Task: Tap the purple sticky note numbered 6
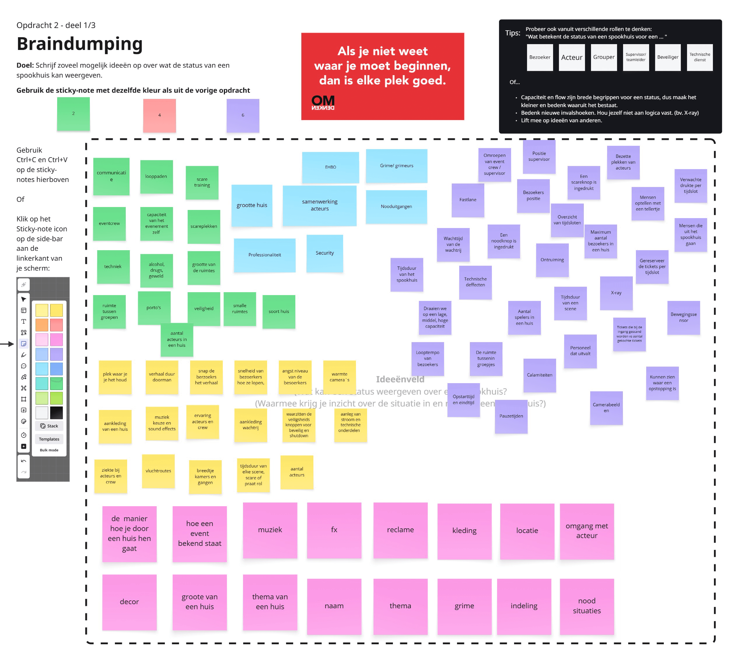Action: [x=243, y=115]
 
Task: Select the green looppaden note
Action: [x=156, y=177]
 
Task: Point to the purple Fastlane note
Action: [x=468, y=200]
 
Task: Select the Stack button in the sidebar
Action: [x=49, y=426]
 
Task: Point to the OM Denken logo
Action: [x=323, y=102]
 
